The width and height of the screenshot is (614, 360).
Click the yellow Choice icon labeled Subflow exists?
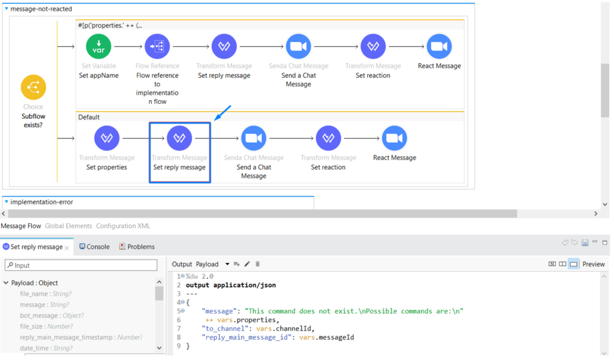pyautogui.click(x=34, y=88)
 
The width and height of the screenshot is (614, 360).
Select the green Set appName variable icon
pyautogui.click(x=98, y=47)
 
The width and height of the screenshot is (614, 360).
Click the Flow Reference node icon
pyautogui.click(x=157, y=47)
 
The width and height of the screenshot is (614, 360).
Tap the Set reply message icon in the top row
pyautogui.click(x=224, y=47)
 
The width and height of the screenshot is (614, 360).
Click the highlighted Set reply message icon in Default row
pyautogui.click(x=179, y=139)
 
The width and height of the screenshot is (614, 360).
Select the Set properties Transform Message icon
pyautogui.click(x=107, y=139)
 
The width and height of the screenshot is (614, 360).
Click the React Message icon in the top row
pyautogui.click(x=439, y=47)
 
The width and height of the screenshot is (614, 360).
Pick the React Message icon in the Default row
pyautogui.click(x=395, y=139)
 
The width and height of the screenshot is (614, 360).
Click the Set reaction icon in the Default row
pyautogui.click(x=328, y=139)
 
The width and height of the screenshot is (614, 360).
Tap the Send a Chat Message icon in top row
pyautogui.click(x=298, y=47)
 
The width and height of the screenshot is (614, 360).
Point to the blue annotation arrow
pyautogui.click(x=222, y=114)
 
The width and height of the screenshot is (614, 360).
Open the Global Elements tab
pyautogui.click(x=68, y=226)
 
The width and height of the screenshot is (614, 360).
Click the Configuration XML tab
pyautogui.click(x=123, y=226)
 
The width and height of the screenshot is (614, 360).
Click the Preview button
pyautogui.click(x=593, y=264)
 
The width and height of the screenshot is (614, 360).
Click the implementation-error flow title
pyautogui.click(x=41, y=202)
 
